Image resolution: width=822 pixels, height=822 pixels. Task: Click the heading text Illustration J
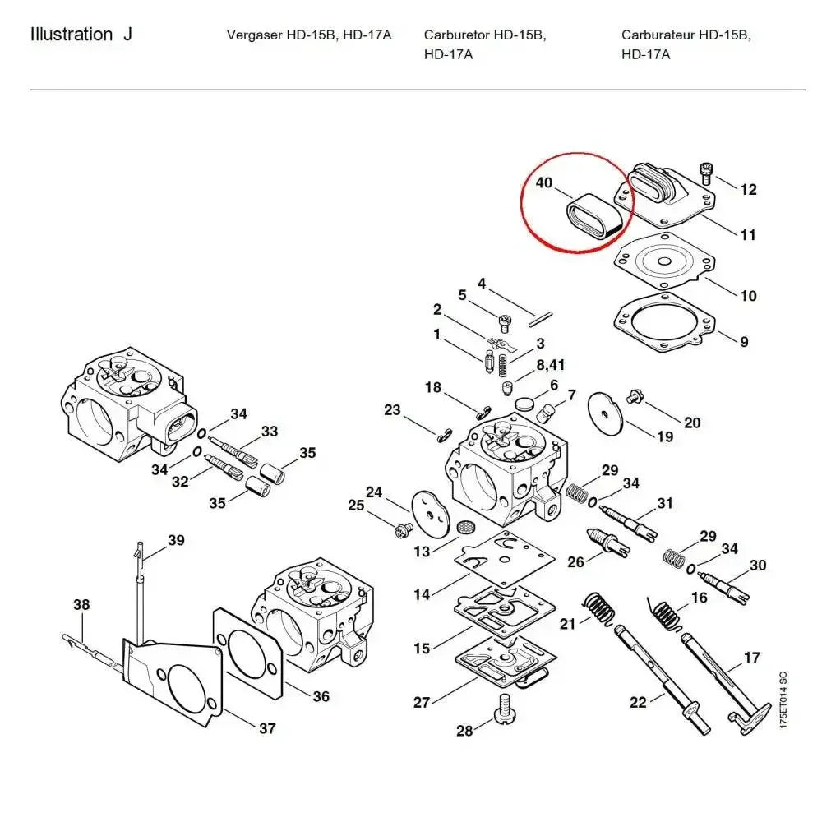[81, 35]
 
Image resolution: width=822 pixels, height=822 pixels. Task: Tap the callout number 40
[544, 182]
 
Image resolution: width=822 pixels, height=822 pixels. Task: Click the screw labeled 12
[705, 173]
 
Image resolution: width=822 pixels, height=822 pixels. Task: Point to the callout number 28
[464, 731]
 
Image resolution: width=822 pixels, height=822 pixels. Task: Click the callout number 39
[176, 540]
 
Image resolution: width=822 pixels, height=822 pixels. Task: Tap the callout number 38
[81, 604]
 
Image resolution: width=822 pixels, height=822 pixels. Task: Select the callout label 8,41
[551, 364]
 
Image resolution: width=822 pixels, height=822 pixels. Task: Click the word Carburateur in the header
[658, 35]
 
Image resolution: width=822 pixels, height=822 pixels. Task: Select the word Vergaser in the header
[254, 35]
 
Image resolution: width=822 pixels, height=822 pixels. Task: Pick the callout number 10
[748, 295]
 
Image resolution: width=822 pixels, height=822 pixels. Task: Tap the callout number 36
[321, 695]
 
